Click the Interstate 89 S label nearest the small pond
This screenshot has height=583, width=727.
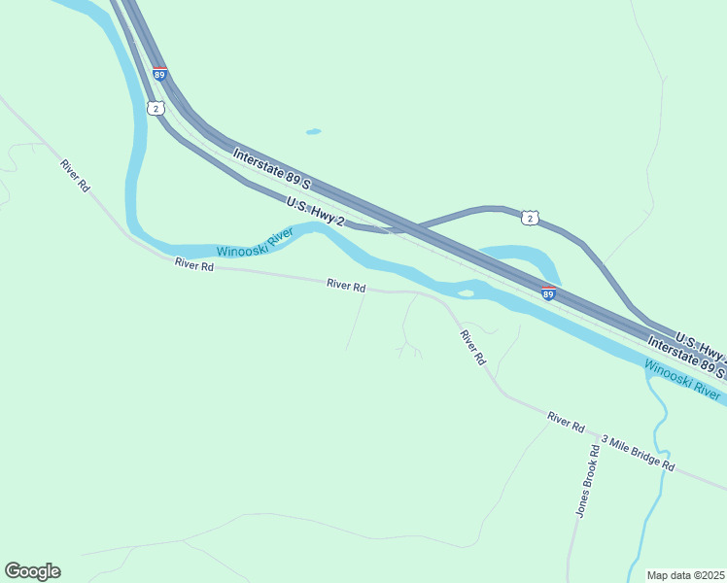coord(271,168)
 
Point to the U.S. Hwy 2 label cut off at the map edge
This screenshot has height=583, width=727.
coord(700,342)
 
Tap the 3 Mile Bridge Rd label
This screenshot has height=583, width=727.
coord(638,454)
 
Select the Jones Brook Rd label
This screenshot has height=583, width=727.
coord(585,481)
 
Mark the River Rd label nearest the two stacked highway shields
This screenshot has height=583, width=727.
coord(75,176)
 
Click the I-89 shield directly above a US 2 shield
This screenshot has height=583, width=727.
coord(159,73)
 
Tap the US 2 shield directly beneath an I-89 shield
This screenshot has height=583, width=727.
coord(156,108)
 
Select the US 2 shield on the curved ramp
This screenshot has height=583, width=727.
coord(529,219)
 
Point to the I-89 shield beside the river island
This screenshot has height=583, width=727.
coord(548,292)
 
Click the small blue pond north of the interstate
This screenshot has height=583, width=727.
coord(313,131)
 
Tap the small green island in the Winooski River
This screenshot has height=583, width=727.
coord(466,291)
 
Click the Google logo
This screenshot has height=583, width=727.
coord(32,571)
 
